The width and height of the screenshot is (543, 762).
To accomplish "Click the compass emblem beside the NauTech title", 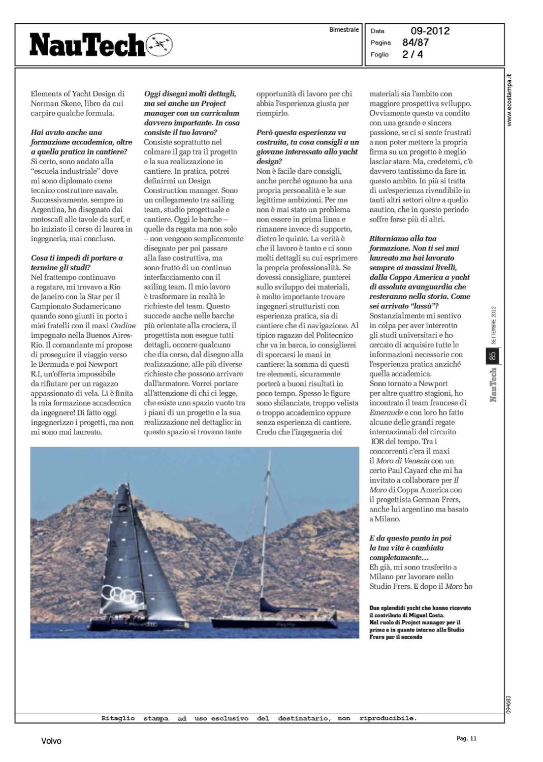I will [159, 45].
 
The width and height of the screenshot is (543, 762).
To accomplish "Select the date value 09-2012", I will [430, 31].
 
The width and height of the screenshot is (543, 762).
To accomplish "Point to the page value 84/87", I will [416, 43].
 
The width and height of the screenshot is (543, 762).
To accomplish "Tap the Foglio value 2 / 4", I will [412, 54].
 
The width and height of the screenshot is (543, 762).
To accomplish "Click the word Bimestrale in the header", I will [344, 30].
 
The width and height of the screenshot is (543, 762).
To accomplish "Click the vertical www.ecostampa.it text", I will [509, 101].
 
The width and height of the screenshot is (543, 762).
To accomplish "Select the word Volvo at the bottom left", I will [51, 741].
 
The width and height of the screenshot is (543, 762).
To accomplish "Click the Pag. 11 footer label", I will [466, 739].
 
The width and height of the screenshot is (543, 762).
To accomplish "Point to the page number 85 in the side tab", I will [492, 356].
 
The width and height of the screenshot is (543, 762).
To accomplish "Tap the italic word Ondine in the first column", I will [123, 326].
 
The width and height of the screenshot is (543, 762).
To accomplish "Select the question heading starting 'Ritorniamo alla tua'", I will [403, 239].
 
